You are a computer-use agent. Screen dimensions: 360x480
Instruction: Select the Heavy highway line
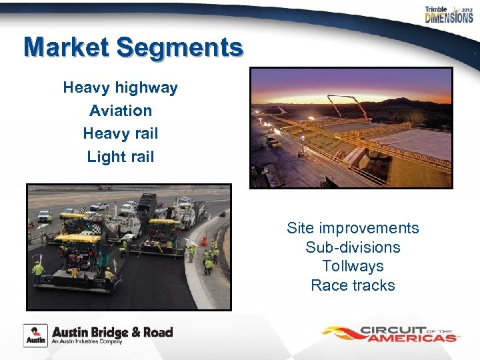coord(121,87)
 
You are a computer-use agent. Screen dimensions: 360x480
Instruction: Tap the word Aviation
coord(121,111)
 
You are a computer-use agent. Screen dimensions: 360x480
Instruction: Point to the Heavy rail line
coord(121,133)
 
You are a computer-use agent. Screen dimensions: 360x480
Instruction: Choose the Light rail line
coord(121,157)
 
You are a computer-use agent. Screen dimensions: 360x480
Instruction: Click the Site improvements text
coord(353,228)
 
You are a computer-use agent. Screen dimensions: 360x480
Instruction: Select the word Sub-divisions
coord(353,247)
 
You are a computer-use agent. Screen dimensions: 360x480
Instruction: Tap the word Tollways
coord(353,266)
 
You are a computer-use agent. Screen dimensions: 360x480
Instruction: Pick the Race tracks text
coord(353,285)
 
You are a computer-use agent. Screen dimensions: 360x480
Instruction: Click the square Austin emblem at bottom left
coord(35,335)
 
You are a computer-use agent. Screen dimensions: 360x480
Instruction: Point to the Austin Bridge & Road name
coord(112,332)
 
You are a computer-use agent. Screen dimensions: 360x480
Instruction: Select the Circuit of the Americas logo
coord(390,333)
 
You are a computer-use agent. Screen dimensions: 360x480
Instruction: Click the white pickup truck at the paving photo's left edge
coord(44,216)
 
